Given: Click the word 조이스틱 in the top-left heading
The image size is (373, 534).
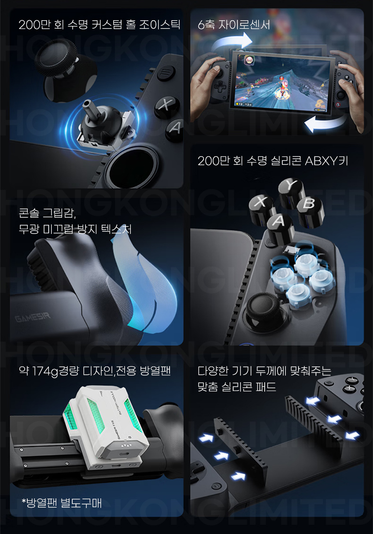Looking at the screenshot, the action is [159, 25].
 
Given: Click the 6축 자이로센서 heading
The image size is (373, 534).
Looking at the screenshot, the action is [234, 25].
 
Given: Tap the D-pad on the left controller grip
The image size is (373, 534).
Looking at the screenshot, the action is [221, 87].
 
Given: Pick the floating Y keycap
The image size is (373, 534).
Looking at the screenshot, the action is [291, 191].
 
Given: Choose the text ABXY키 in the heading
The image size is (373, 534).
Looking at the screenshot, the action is [326, 161].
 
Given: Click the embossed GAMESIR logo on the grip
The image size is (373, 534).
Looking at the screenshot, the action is [33, 318].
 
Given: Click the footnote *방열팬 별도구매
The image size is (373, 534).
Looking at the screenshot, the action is [62, 503].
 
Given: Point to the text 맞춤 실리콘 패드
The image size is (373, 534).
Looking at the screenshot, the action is [237, 387].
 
